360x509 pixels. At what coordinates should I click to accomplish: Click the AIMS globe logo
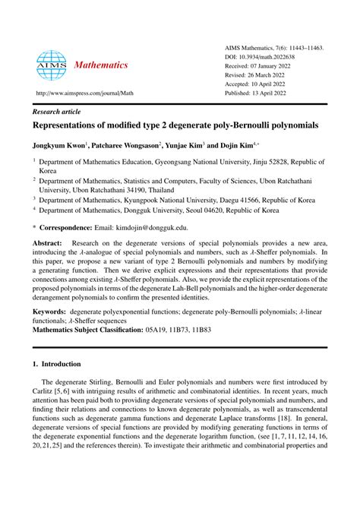52,65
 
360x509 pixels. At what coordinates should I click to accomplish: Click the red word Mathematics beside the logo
101,65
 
